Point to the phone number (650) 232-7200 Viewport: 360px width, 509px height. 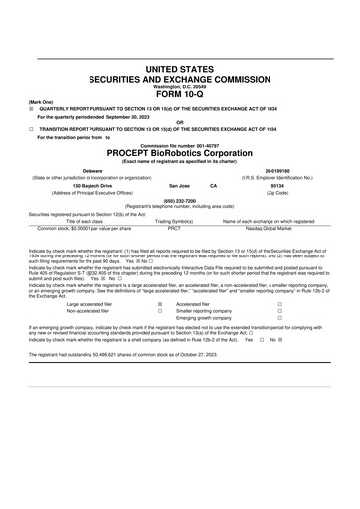[179, 199]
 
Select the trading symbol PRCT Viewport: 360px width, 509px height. [174, 227]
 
